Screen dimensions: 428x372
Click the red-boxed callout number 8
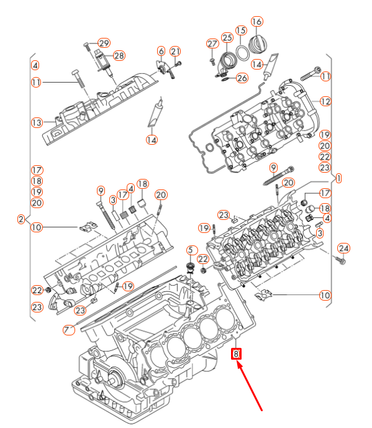coord(236,354)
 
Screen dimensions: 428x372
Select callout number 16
coord(256,22)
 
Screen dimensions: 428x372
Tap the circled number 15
coord(241,30)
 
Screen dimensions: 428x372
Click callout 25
coord(227,38)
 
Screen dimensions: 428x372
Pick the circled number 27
coord(212,43)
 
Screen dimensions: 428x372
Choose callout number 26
coord(242,78)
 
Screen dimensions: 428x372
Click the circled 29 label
coord(103,43)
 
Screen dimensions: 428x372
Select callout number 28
coord(119,55)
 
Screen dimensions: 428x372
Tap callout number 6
coord(161,51)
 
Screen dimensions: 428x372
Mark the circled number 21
coord(176,51)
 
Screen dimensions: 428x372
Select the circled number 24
coord(344,248)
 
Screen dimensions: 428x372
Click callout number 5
coord(191,250)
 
